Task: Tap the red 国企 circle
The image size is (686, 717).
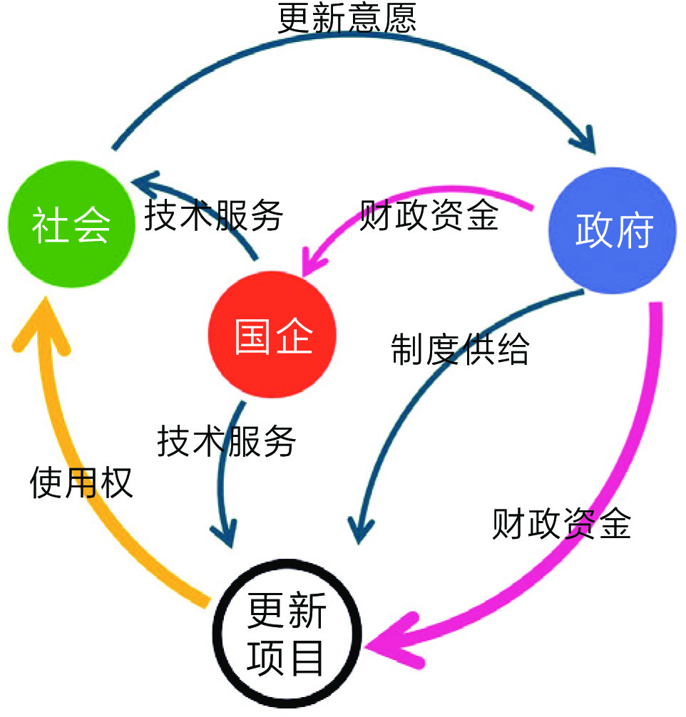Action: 272,336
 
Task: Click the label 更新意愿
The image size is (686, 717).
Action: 347,19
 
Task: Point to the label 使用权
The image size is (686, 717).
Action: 81,484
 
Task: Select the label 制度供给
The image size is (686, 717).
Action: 460,349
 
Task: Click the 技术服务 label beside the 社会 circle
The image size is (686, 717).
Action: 215,215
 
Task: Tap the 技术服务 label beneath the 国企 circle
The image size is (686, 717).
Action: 226,442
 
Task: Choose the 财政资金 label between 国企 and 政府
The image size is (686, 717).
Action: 429,215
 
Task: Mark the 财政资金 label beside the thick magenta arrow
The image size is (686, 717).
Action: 561,525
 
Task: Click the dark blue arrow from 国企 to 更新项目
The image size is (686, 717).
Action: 222,485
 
